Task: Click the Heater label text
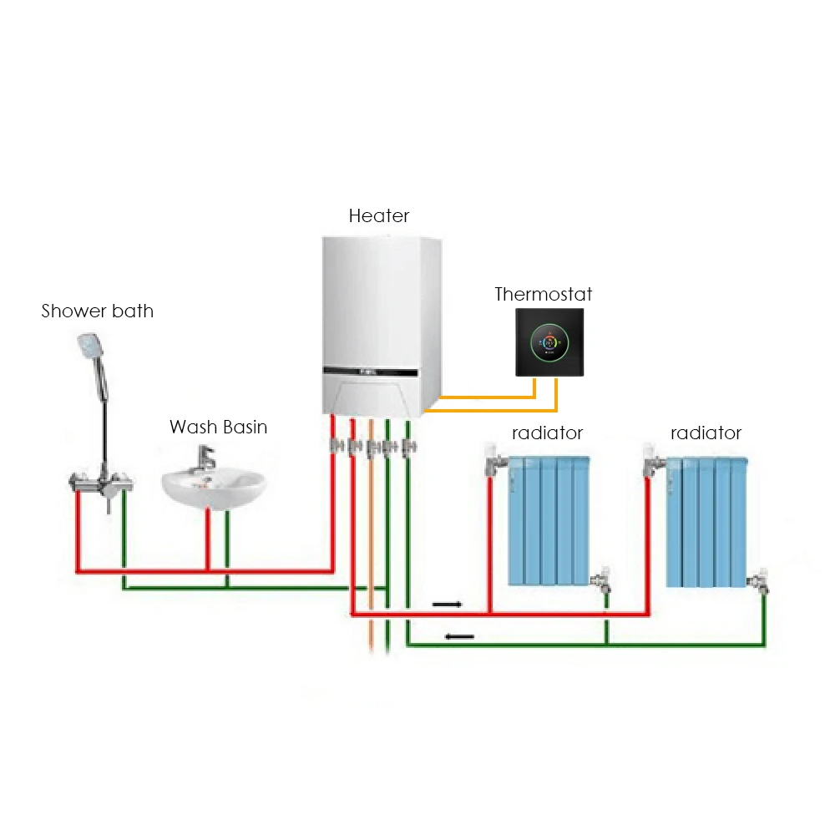(x=379, y=216)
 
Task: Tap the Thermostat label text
(x=544, y=294)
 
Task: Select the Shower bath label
(x=98, y=311)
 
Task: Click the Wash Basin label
(x=219, y=428)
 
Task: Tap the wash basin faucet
(x=205, y=458)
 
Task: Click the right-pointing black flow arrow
(x=446, y=603)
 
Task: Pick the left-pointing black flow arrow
(x=459, y=637)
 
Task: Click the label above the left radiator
(x=547, y=433)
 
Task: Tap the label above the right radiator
(x=706, y=433)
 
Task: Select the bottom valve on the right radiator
(x=760, y=581)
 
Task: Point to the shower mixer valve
(x=100, y=482)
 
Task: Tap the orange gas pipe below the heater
(x=370, y=543)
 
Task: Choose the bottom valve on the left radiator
(x=601, y=581)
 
